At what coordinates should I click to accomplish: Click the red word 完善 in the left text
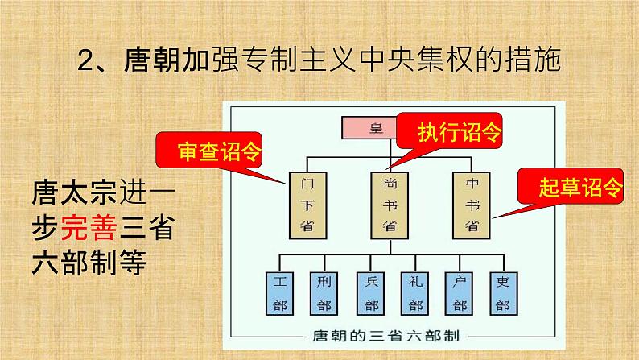pos(89,228)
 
